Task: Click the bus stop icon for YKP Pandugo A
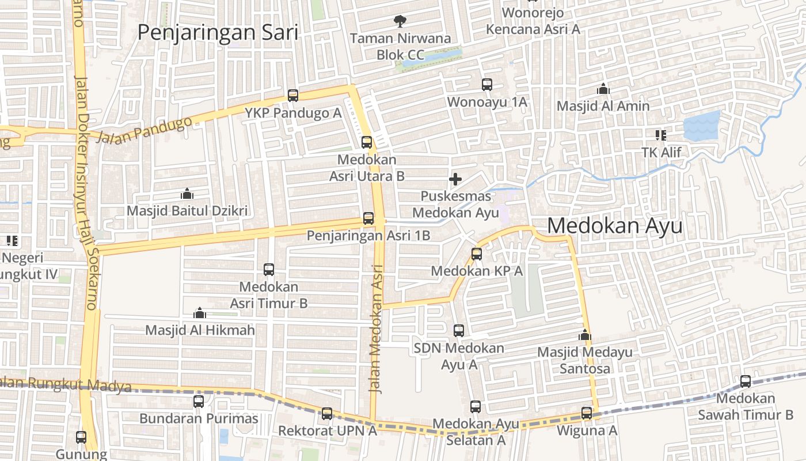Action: click(293, 96)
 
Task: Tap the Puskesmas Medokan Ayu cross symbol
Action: click(455, 179)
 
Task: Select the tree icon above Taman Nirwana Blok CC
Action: click(400, 22)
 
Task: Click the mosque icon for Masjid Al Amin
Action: click(603, 89)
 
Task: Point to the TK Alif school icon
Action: click(660, 135)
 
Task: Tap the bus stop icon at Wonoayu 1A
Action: click(487, 85)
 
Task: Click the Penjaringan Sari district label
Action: click(218, 32)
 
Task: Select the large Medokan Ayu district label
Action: click(614, 226)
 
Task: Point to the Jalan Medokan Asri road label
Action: click(377, 328)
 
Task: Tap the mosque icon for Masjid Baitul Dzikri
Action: click(187, 194)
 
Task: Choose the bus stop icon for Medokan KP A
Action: click(476, 254)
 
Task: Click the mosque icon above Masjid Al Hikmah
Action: click(200, 313)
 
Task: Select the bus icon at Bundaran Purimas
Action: click(199, 402)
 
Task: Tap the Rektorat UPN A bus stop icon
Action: click(327, 413)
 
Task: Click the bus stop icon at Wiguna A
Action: click(587, 413)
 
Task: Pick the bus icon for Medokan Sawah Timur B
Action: click(746, 381)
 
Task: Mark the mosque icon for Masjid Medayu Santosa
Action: click(584, 335)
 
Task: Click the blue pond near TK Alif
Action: click(701, 126)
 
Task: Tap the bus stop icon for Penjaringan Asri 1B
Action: click(368, 218)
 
